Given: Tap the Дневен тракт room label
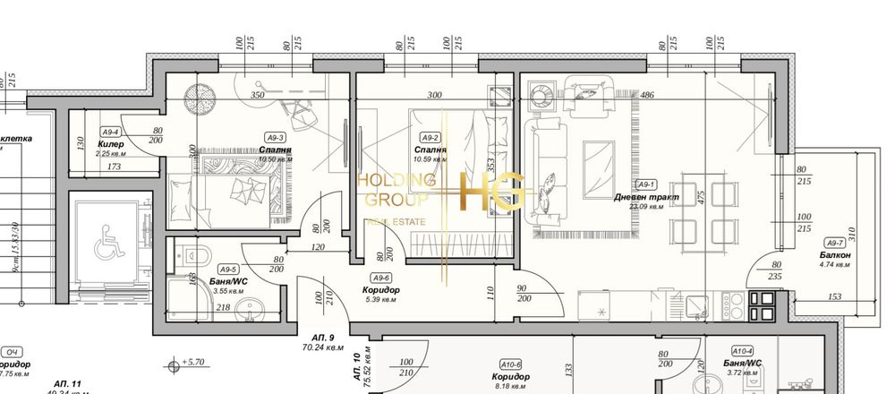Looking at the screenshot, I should coord(646,196).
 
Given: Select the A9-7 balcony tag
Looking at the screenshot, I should coord(834,243).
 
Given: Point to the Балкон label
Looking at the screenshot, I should coord(834,255).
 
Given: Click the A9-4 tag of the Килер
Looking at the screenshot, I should coord(112,132).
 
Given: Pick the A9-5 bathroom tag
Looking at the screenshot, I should coord(228,269).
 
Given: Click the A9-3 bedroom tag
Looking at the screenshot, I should coord(275,137).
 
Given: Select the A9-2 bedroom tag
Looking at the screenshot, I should coord(430,138).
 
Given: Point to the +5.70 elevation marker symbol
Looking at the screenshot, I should coord(172,364).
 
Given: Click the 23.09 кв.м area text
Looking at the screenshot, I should coord(646,207).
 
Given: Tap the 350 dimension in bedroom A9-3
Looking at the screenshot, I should coord(258,95).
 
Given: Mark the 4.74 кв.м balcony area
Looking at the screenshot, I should coord(834,266).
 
